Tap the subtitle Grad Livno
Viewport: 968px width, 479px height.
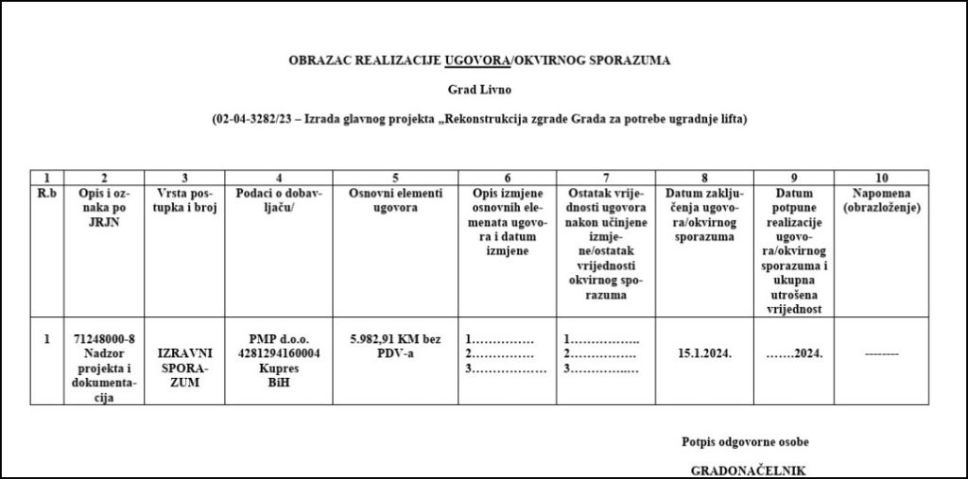pyautogui.click(x=479, y=90)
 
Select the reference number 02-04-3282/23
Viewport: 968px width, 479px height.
pyautogui.click(x=251, y=120)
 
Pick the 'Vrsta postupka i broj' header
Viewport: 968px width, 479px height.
pyautogui.click(x=185, y=200)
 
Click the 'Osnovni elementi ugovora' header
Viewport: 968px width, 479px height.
pyautogui.click(x=395, y=200)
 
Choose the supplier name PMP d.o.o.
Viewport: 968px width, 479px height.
pyautogui.click(x=279, y=338)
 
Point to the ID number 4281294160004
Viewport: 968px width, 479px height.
pyautogui.click(x=279, y=351)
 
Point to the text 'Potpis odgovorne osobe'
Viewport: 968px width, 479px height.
pyautogui.click(x=745, y=441)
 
